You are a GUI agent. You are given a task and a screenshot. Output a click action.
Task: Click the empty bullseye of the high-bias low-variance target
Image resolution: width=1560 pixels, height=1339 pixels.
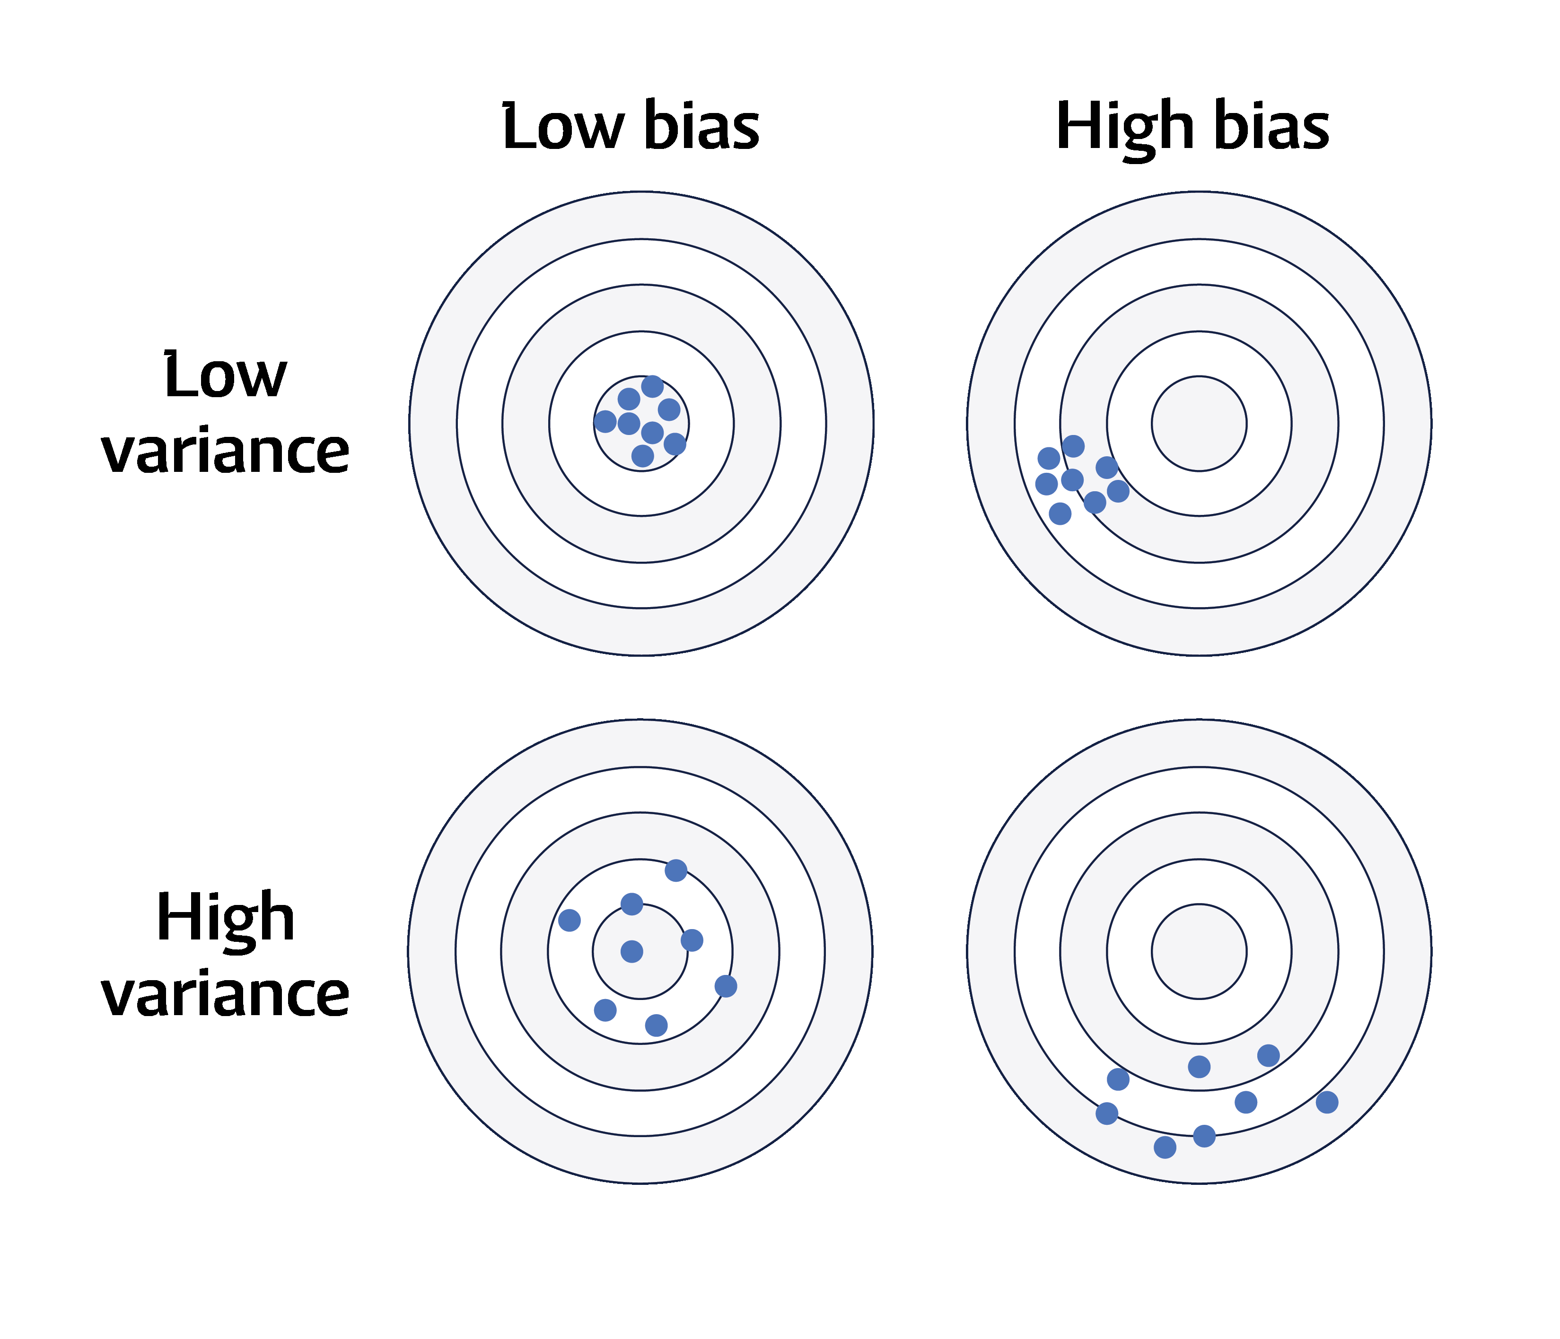click(x=1199, y=424)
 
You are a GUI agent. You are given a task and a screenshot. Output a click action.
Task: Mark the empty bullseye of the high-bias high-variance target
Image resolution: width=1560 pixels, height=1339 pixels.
click(x=1199, y=951)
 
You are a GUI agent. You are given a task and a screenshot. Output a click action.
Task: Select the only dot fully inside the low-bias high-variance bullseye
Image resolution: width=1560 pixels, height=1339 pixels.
click(x=631, y=951)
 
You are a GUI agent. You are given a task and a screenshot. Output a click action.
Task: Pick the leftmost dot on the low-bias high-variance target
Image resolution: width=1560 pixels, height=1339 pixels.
click(x=569, y=920)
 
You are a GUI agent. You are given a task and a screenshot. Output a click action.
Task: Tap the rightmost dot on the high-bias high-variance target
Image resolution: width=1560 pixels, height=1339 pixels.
click(x=1327, y=1103)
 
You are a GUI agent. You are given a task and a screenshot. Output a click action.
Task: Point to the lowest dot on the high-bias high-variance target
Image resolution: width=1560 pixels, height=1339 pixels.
click(x=1165, y=1147)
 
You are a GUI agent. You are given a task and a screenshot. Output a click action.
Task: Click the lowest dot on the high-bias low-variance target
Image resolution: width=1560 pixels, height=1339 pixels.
click(x=1060, y=514)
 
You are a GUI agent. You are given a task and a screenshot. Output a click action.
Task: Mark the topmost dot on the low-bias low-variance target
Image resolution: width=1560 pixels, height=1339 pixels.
click(x=652, y=387)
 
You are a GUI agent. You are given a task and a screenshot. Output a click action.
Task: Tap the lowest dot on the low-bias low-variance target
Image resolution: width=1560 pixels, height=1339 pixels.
click(x=642, y=455)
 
